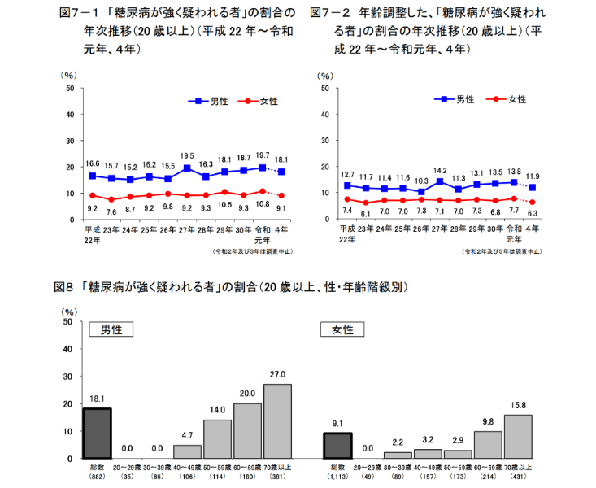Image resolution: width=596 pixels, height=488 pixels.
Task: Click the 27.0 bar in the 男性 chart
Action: pyautogui.click(x=277, y=420)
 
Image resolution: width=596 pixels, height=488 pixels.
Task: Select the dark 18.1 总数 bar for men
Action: pyautogui.click(x=97, y=433)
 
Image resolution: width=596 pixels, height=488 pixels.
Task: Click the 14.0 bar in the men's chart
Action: pyautogui.click(x=217, y=438)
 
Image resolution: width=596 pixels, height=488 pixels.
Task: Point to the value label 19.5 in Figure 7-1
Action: pyautogui.click(x=186, y=155)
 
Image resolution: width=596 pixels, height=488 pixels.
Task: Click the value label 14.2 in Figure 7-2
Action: pyautogui.click(x=440, y=170)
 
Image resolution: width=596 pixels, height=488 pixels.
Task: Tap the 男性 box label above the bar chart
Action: pyautogui.click(x=111, y=329)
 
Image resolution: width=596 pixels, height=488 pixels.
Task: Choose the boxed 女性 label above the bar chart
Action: pyautogui.click(x=342, y=329)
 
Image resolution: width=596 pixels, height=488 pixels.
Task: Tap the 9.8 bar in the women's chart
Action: pyautogui.click(x=488, y=444)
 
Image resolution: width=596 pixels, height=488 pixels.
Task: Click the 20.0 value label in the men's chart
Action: pyautogui.click(x=247, y=393)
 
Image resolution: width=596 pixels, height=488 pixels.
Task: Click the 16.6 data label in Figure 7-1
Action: pyautogui.click(x=93, y=163)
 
